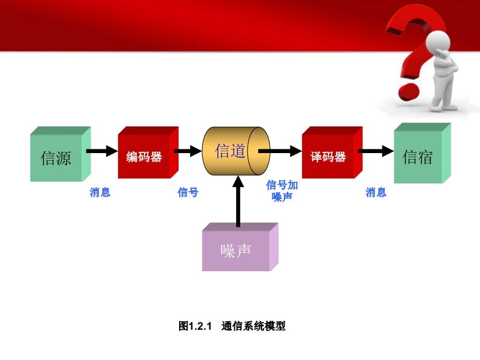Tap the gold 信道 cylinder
[x=231, y=151]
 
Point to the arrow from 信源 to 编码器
[x=100, y=151]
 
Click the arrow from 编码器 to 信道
[x=188, y=151]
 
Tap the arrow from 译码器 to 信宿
[x=375, y=151]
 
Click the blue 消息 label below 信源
[x=100, y=192]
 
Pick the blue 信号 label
[x=188, y=192]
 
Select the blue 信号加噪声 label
[x=282, y=191]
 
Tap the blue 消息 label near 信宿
[x=376, y=192]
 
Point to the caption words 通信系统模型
[x=254, y=326]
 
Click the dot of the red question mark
[x=408, y=92]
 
